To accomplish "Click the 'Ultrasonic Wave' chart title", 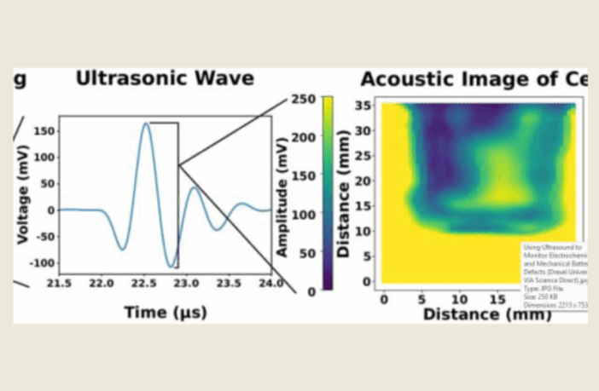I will click(165, 79).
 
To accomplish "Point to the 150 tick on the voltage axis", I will click(42, 131).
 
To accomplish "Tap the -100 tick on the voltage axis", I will click(39, 262).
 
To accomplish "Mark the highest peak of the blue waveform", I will click(147, 124).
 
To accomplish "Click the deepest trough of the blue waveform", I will click(172, 267).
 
